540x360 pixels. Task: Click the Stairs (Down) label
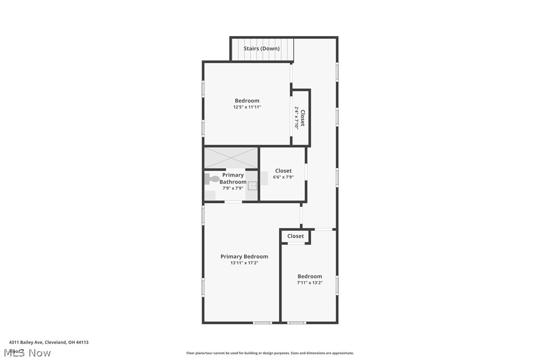pos(262,49)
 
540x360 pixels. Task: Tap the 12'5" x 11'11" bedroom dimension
pos(247,107)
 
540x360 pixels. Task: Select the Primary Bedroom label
pos(244,257)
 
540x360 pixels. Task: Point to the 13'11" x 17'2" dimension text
pos(244,263)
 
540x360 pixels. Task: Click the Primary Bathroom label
pos(233,179)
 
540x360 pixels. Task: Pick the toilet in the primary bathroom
pos(212,179)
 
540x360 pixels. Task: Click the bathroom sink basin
pos(253,186)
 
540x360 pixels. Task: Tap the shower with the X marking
pos(231,158)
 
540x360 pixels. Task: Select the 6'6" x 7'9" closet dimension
pos(283,177)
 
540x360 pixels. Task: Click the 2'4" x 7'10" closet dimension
pos(296,118)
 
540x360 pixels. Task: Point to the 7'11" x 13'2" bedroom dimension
pos(310,283)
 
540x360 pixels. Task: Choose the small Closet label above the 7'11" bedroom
pos(295,236)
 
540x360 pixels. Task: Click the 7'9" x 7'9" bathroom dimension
pos(233,188)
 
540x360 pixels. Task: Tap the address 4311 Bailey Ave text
pos(49,342)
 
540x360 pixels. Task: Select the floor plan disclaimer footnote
pos(270,353)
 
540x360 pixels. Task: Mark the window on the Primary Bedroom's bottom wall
pos(262,323)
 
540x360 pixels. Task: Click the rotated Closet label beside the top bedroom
pos(302,118)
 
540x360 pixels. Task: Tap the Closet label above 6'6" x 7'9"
pos(283,171)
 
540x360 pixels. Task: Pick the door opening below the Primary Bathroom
pos(233,201)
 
